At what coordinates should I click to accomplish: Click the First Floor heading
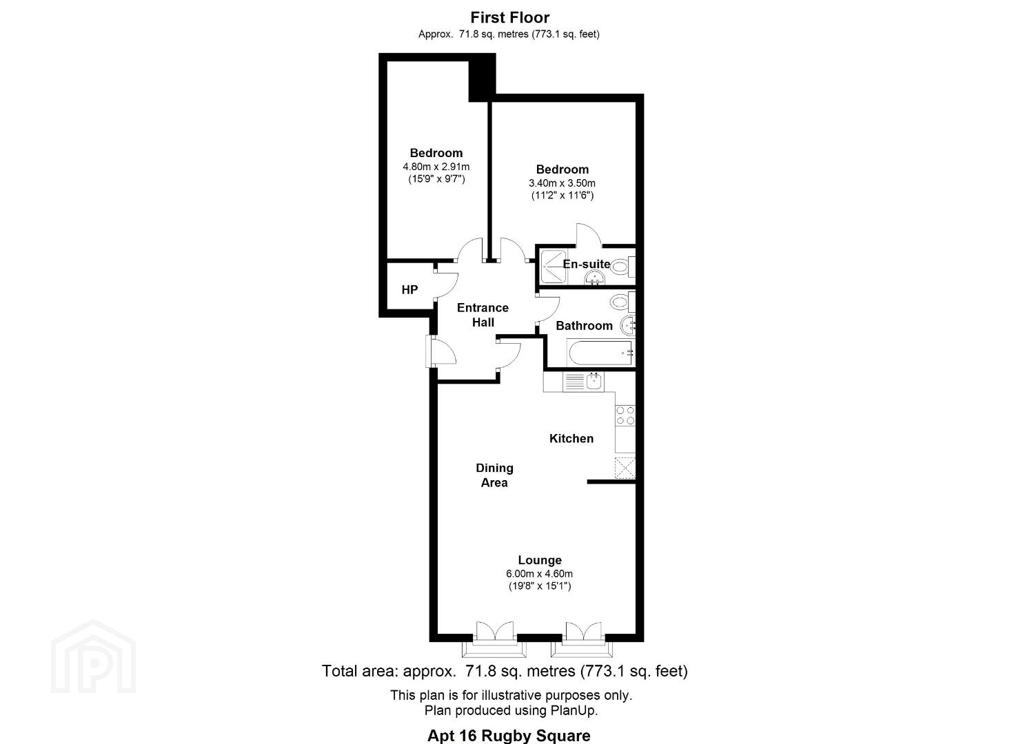[x=509, y=17]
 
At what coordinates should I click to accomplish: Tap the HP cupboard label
[x=409, y=290]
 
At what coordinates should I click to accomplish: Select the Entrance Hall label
[x=483, y=315]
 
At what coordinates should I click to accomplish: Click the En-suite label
[x=587, y=264]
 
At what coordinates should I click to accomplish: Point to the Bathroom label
[x=584, y=325]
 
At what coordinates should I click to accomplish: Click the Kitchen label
[x=571, y=439]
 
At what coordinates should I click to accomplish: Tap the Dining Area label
[x=494, y=475]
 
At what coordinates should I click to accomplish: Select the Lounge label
[x=540, y=560]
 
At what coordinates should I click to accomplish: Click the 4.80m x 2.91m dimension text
[x=436, y=167]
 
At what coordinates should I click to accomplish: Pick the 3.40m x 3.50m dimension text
[x=563, y=183]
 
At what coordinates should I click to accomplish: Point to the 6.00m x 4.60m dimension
[x=539, y=574]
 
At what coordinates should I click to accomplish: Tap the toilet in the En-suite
[x=623, y=267]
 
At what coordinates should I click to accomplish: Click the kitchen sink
[x=594, y=382]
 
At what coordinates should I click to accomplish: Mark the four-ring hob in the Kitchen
[x=625, y=415]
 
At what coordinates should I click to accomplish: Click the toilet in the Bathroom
[x=622, y=301]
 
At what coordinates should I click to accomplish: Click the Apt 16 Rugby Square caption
[x=509, y=735]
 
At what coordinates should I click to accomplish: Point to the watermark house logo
[x=93, y=657]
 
